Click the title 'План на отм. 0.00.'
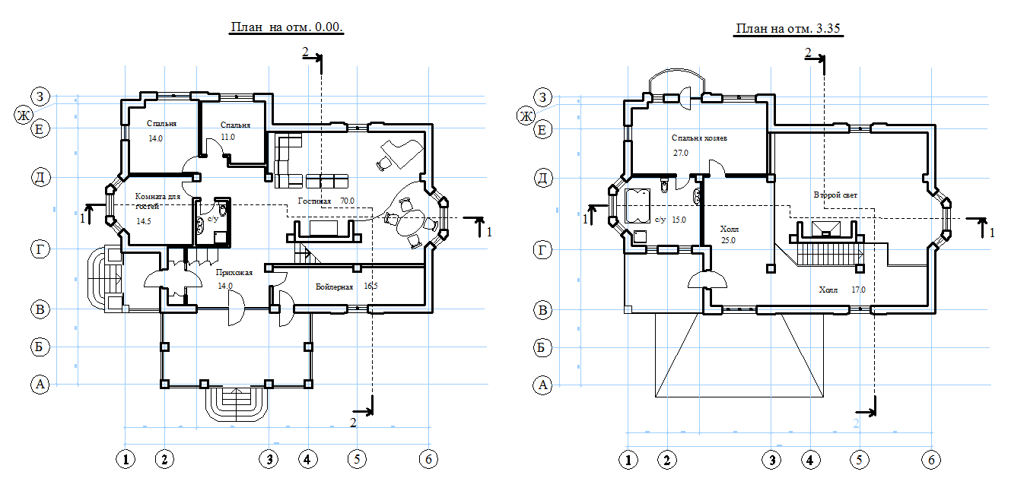click(287, 27)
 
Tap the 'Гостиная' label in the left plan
click(314, 201)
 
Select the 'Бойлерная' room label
click(335, 287)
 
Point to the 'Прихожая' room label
click(234, 272)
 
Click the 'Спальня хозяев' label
click(700, 138)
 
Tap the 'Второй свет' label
click(835, 195)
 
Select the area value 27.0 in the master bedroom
click(681, 152)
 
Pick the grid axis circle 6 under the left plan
click(429, 458)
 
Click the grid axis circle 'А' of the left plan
click(40, 385)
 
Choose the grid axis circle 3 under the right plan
click(772, 459)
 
